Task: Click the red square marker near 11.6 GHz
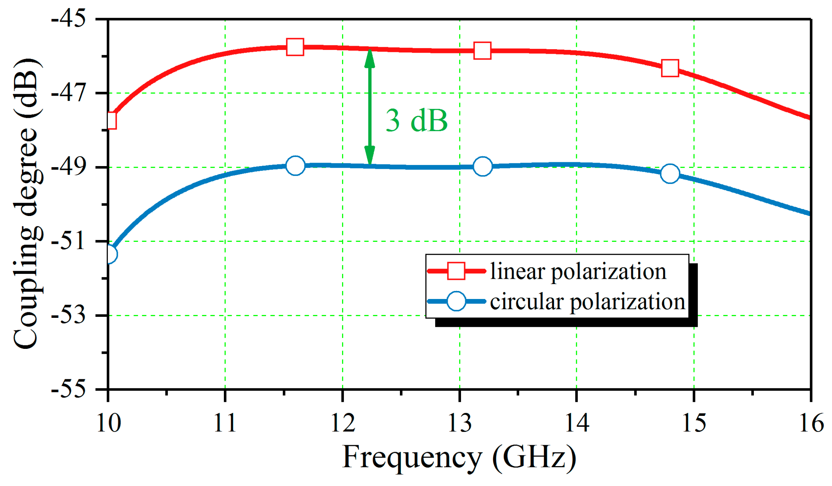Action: [x=295, y=47]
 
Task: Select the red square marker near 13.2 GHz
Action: [x=482, y=51]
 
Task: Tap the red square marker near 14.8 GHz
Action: [x=670, y=68]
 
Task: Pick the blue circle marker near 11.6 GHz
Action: [x=295, y=165]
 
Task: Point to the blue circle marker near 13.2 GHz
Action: [x=482, y=166]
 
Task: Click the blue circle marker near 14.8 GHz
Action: [x=670, y=174]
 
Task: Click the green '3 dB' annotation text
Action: [x=416, y=121]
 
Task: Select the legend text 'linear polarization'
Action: [x=578, y=271]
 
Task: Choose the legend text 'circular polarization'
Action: [x=587, y=301]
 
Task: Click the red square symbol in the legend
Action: [x=456, y=271]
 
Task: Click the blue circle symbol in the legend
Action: [x=456, y=301]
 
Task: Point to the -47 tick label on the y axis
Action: [x=68, y=93]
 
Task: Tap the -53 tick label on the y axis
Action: [x=68, y=315]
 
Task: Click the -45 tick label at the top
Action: [x=68, y=18]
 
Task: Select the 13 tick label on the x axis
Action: [x=459, y=423]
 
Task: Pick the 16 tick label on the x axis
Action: [x=811, y=423]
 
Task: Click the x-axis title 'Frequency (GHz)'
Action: [x=459, y=458]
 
